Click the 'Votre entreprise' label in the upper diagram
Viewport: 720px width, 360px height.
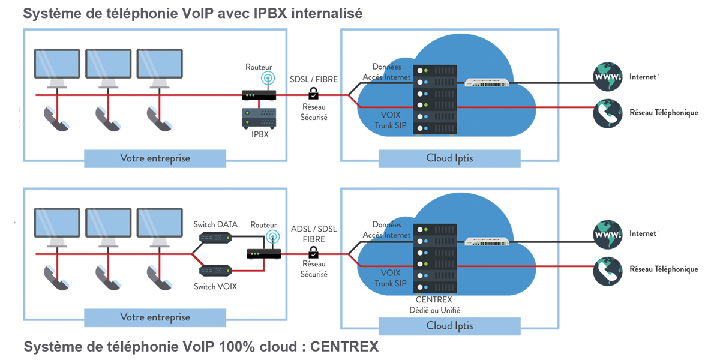(155, 158)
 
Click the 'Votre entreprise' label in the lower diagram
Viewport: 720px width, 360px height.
(155, 317)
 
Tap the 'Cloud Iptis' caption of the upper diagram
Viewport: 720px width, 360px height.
(449, 158)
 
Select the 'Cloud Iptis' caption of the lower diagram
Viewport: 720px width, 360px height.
(449, 325)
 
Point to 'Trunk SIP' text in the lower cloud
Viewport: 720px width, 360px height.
(392, 283)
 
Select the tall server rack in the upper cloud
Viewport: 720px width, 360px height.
(435, 100)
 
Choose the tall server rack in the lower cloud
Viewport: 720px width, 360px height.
(435, 258)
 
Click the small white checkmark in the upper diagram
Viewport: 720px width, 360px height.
(313, 95)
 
